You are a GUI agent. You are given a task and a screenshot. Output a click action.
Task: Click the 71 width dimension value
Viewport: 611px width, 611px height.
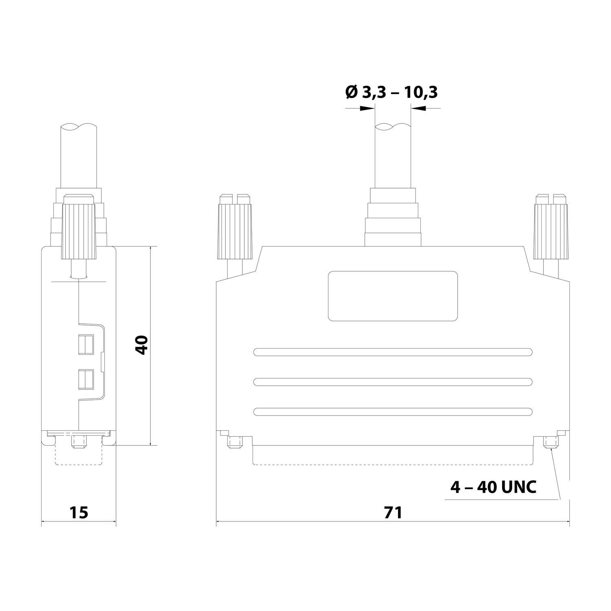coord(393,512)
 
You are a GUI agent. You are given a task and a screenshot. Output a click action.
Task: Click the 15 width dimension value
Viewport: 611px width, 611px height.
coord(79,512)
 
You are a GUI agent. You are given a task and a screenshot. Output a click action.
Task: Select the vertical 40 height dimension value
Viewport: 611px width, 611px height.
coord(141,345)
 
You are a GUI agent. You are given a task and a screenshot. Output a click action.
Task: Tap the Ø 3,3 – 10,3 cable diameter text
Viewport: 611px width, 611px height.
coord(391,92)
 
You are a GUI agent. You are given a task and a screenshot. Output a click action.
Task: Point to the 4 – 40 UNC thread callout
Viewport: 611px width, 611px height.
coord(493,487)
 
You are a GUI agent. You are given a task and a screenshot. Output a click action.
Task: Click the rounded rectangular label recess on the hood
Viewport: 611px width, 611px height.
coord(393,295)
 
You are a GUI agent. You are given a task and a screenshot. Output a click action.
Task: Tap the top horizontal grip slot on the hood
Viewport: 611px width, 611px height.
coord(393,352)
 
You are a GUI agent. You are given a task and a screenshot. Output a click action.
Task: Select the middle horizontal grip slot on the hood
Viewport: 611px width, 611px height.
coord(393,382)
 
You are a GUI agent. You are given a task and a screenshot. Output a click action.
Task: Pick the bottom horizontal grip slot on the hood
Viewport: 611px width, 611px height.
coord(393,412)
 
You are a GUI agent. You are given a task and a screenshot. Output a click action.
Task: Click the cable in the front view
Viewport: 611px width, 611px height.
coord(392,155)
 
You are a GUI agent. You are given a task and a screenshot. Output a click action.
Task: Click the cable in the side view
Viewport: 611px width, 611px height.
coord(79,155)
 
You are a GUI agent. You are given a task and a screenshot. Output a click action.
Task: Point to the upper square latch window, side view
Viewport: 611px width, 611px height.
coord(86,344)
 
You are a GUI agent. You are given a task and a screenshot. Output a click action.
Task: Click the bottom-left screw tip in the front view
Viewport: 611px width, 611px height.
coord(234,442)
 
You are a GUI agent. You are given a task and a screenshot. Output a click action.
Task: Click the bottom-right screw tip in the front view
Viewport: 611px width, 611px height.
coord(551,442)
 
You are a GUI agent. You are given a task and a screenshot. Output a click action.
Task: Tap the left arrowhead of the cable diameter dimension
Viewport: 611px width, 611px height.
coord(368,108)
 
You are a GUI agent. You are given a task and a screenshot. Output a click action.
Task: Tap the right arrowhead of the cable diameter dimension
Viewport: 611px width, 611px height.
coord(417,108)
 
